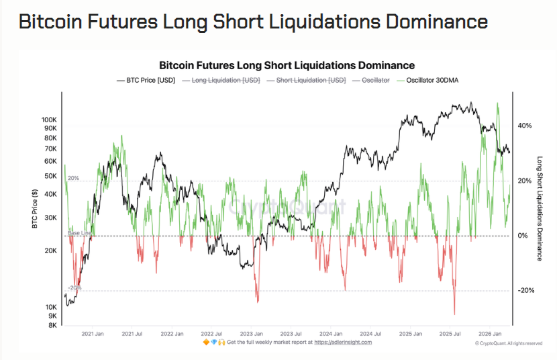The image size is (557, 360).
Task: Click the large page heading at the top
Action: (253, 21)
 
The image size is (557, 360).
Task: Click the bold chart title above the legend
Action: (287, 65)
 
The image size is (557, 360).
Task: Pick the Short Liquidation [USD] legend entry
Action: (307, 80)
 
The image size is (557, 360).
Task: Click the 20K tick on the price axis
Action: (50, 251)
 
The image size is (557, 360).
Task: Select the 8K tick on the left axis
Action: (52, 325)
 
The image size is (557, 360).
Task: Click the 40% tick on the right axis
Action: (524, 126)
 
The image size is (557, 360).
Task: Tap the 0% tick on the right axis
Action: (523, 236)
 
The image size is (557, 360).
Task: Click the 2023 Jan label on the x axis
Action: (251, 333)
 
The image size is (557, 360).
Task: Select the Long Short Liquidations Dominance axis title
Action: (540, 208)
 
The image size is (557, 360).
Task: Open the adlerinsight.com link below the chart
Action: (342, 342)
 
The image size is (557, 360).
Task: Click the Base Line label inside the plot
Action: (80, 232)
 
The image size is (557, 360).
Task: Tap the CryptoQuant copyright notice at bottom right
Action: (509, 343)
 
